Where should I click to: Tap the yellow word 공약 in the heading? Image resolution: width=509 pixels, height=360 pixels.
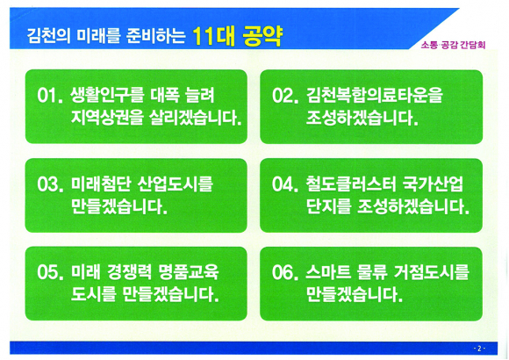(x=262, y=36)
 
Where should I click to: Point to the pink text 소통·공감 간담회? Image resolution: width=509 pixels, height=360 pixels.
(x=453, y=45)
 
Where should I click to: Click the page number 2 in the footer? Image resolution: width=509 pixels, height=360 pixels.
(x=479, y=349)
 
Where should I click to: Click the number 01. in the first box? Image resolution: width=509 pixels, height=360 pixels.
(x=50, y=96)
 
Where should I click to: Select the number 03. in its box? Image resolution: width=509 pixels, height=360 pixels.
(x=50, y=184)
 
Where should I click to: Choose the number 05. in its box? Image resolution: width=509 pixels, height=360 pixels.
(x=50, y=272)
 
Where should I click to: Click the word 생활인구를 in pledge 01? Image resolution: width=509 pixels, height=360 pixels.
(x=107, y=95)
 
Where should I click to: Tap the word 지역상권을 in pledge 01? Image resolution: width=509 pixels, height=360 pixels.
(x=107, y=118)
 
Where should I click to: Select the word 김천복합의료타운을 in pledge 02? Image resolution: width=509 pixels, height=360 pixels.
(x=374, y=95)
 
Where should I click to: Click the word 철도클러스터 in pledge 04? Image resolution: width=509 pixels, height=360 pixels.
(x=351, y=184)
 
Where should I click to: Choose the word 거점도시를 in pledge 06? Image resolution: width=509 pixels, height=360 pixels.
(x=432, y=272)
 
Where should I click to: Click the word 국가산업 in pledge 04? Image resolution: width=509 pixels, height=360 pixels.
(x=433, y=184)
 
